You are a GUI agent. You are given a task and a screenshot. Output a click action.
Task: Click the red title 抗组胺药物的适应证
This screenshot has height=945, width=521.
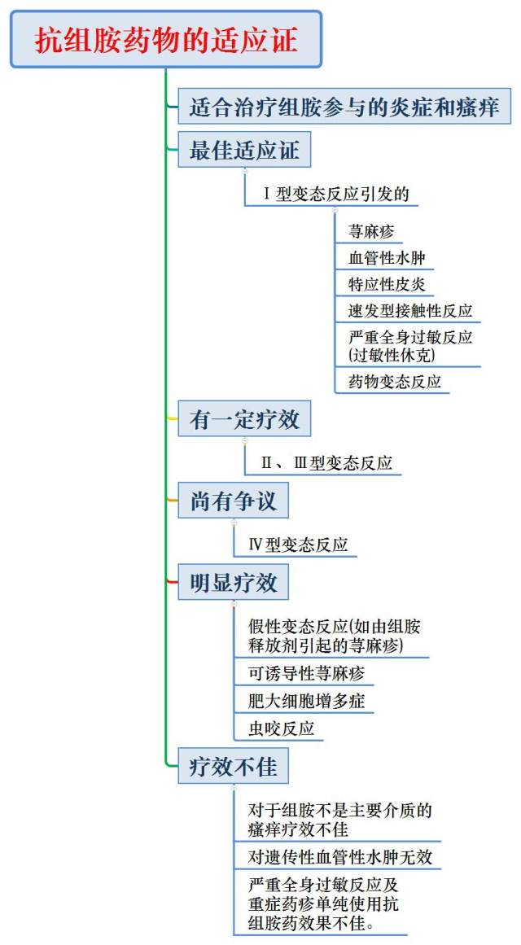166,40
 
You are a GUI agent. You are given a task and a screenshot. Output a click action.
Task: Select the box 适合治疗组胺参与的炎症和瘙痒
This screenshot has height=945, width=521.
344,107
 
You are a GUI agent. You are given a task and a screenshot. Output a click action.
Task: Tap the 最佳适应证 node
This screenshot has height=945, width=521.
244,150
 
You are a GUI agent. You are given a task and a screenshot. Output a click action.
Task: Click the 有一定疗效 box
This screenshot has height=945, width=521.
244,419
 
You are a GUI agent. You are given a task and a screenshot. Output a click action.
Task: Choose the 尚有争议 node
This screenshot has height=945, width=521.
234,501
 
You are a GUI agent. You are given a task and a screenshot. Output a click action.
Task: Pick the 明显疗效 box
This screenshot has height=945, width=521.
234,582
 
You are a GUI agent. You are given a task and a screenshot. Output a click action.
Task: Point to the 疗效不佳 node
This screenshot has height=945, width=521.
234,766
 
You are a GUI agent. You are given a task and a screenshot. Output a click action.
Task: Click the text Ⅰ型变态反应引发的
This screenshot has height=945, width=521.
337,194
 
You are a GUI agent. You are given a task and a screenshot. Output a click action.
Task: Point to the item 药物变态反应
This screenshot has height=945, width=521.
395,382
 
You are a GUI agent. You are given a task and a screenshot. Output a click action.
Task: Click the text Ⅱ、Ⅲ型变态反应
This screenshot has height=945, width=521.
326,462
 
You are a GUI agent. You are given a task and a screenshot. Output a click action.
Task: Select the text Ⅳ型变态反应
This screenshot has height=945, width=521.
299,545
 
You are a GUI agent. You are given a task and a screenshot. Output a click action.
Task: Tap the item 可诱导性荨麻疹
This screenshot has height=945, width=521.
306,672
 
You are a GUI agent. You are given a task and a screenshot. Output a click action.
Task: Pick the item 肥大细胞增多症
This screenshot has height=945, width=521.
306,701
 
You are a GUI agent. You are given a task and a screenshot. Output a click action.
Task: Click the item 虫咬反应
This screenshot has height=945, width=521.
282,728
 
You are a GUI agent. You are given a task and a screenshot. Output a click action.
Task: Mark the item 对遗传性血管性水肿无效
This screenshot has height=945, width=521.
341,856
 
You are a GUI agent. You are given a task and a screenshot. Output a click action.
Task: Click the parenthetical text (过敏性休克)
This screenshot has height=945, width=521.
392,355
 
